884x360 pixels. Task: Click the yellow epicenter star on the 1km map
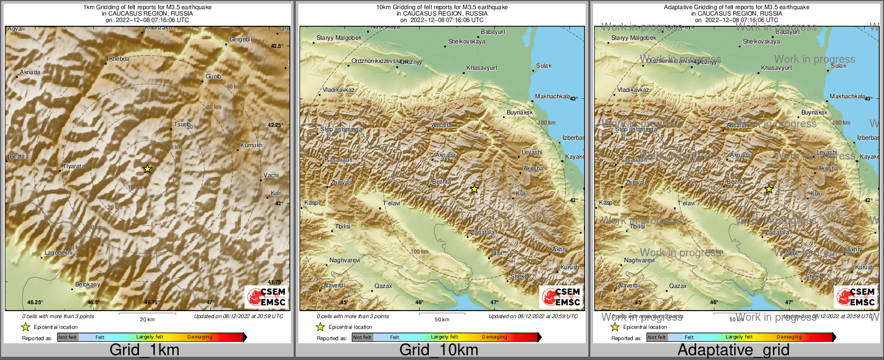point(148,169)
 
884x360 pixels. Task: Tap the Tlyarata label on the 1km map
point(74,166)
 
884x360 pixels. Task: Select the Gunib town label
point(214,76)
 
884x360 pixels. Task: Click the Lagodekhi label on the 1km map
point(58,253)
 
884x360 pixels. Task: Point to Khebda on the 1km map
point(119,59)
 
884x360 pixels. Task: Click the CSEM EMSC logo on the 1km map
point(266,297)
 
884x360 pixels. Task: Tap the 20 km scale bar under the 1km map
point(147,313)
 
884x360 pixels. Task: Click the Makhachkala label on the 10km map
point(553,96)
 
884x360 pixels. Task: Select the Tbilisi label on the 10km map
point(342,226)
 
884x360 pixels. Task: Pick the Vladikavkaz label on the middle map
point(338,90)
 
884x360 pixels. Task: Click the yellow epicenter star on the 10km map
point(474,189)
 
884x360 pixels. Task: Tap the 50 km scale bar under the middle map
point(442,313)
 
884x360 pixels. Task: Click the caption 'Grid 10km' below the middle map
point(439,350)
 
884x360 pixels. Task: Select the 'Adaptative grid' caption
point(733,350)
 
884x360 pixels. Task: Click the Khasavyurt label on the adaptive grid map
point(776,68)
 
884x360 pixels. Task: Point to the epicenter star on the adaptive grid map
point(769,189)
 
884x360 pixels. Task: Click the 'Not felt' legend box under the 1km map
point(68,337)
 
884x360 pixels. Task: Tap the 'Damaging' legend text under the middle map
point(494,337)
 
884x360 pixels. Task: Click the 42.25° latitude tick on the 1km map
point(275,125)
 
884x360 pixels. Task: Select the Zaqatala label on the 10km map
point(482,232)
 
